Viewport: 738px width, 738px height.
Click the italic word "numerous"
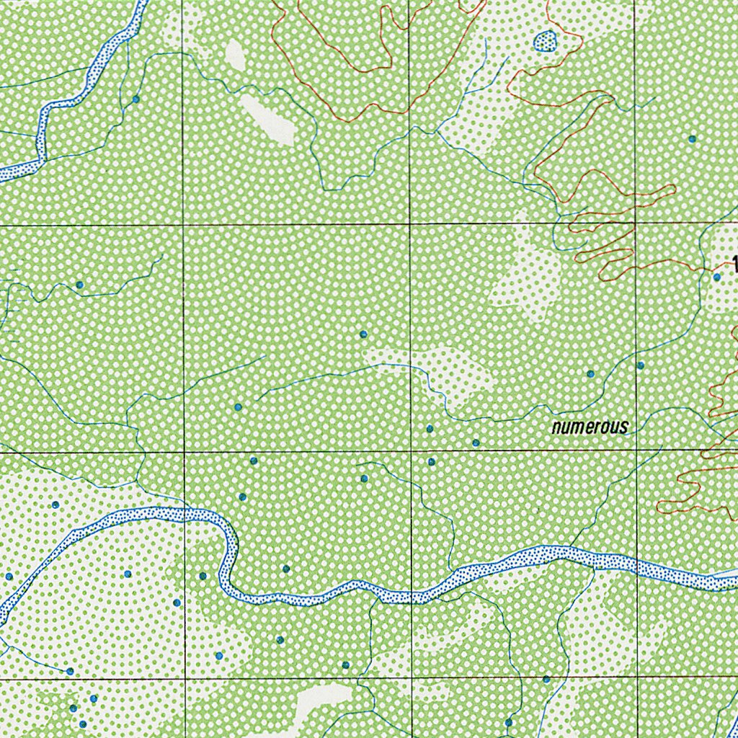coord(589,427)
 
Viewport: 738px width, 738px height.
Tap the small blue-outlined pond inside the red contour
coord(545,42)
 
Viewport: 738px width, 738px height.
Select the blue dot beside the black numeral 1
coord(716,277)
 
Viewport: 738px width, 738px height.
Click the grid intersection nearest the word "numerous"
coord(637,451)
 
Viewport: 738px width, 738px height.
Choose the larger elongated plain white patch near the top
coord(267,120)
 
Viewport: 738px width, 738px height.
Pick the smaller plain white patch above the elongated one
coord(235,55)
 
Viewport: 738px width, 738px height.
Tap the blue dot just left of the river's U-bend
coord(203,576)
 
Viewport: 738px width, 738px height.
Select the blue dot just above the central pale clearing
coord(363,334)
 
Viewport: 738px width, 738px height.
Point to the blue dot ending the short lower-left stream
coord(70,671)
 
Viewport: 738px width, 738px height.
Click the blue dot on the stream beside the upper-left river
coord(135,99)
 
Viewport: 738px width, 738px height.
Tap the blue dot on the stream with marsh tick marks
coord(79,285)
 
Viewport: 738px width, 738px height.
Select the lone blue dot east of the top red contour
coord(692,138)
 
